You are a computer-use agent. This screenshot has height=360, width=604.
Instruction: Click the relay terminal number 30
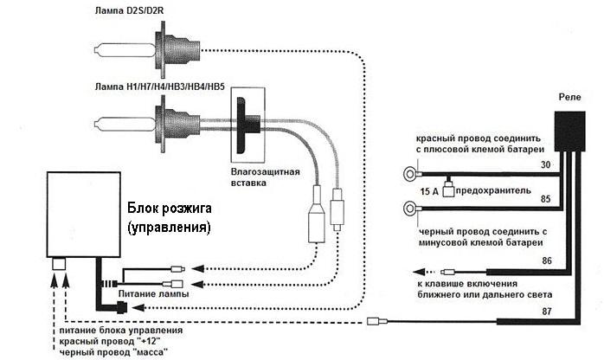tap(546, 164)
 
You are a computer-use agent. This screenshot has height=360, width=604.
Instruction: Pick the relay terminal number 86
tap(546, 259)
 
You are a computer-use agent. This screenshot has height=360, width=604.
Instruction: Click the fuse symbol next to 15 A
tap(451, 189)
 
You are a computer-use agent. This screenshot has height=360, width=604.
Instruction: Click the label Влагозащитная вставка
tap(265, 177)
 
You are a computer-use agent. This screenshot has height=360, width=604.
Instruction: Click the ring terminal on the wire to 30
tap(408, 174)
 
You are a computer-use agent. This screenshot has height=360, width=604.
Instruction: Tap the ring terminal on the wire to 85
tap(408, 207)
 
